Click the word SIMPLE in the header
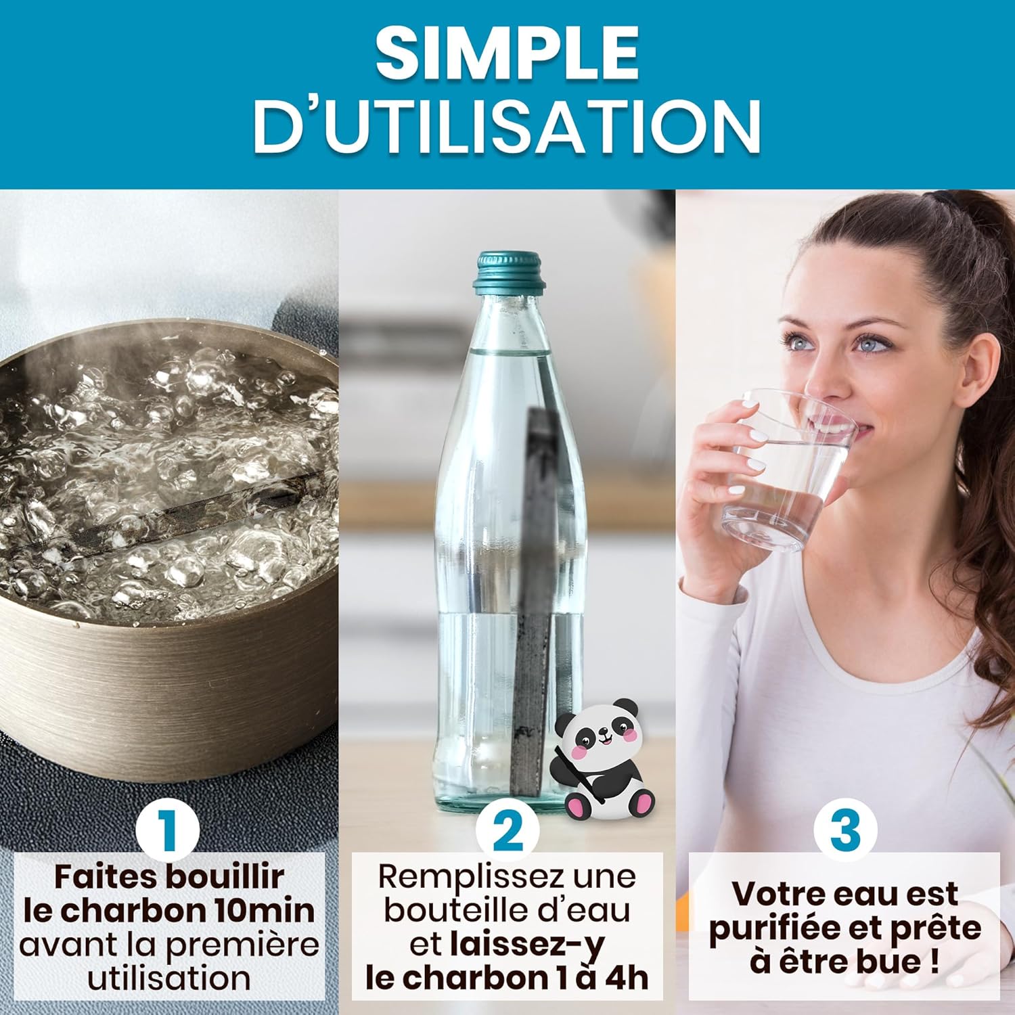click(507, 53)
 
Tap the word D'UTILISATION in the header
click(507, 127)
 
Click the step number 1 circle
click(168, 830)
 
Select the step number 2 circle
click(507, 830)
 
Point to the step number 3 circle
click(845, 830)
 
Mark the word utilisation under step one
click(169, 978)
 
